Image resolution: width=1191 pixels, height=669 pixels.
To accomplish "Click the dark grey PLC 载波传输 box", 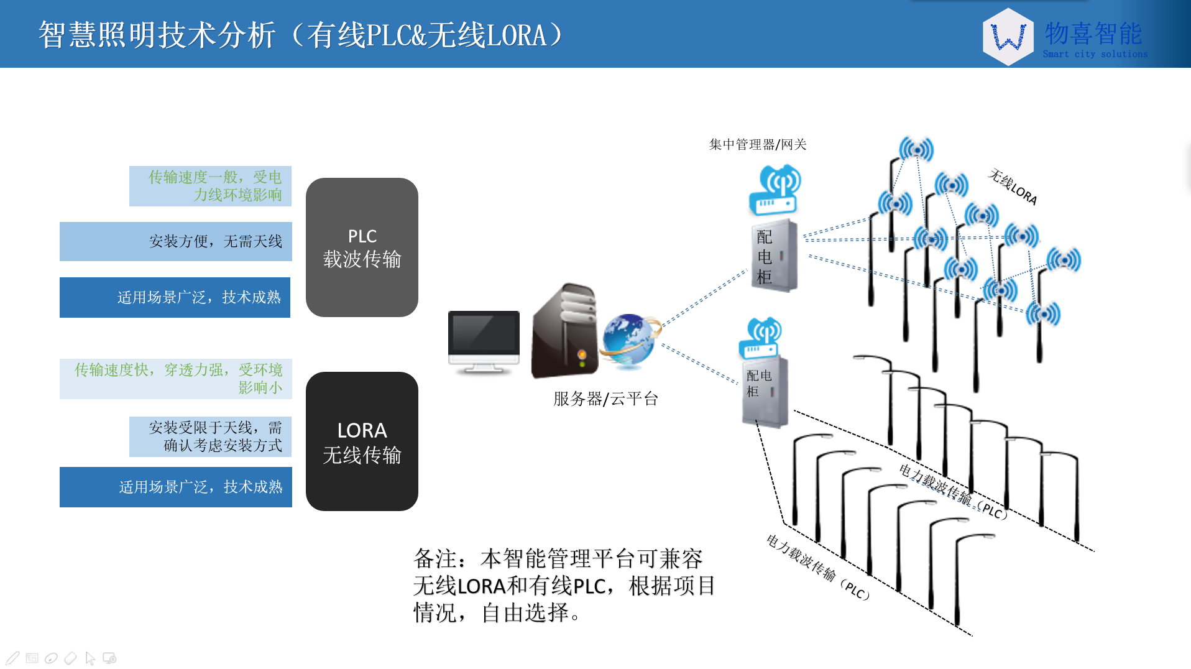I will [362, 247].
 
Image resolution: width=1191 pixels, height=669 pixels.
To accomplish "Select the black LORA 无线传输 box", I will [362, 441].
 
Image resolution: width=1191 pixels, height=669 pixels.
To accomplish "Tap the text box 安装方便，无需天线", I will [176, 241].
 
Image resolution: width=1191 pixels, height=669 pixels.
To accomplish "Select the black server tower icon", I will [563, 331].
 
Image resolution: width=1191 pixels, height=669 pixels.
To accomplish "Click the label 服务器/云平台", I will [605, 399].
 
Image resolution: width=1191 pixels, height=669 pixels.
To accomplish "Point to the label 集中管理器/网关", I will [758, 144].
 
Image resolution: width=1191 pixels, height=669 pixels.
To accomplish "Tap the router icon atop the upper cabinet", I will [775, 190].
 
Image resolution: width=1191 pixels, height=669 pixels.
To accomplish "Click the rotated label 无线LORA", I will [1013, 187].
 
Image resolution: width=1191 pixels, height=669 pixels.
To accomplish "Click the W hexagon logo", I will [1008, 37].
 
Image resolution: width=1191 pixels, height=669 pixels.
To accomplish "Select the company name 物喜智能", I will [1093, 33].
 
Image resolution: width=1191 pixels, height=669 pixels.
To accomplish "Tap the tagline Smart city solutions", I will [1095, 54].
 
